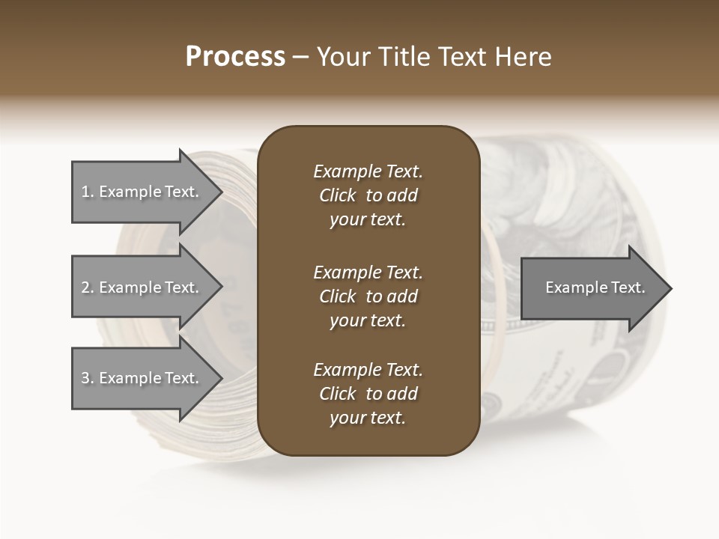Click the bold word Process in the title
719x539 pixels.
pyautogui.click(x=235, y=57)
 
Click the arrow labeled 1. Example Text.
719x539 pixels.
pyautogui.click(x=140, y=192)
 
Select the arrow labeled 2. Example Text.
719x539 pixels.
pyautogui.click(x=140, y=287)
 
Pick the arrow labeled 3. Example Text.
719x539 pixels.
pyautogui.click(x=140, y=378)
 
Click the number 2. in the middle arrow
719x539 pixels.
pyautogui.click(x=88, y=287)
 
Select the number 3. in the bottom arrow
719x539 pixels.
pyautogui.click(x=88, y=378)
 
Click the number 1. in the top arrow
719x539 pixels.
pyautogui.click(x=88, y=192)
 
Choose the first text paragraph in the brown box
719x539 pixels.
pyautogui.click(x=368, y=195)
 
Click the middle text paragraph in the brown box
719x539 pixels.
pyautogui.click(x=368, y=296)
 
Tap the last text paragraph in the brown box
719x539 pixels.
pyautogui.click(x=368, y=394)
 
